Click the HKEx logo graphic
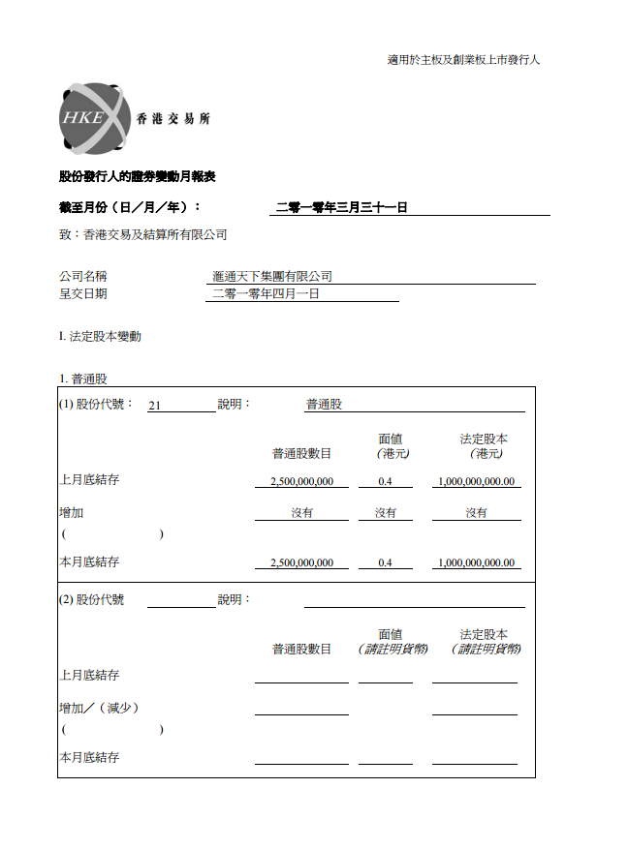[92, 119]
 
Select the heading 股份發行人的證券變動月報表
[137, 177]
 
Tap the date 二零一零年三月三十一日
[341, 207]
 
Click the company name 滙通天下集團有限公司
[272, 277]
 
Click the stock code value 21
[154, 406]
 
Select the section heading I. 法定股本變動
[100, 337]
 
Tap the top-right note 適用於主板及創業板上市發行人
[463, 60]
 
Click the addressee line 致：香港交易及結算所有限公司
[142, 234]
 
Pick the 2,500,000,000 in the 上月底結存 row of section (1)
[301, 481]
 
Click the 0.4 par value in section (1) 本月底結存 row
[385, 562]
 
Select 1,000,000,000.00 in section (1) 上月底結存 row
[476, 481]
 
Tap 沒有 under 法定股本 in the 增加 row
[476, 513]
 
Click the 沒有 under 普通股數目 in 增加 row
[301, 513]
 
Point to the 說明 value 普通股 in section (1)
[324, 405]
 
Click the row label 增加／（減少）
[99, 708]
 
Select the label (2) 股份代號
[91, 599]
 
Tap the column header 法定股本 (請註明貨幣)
[485, 642]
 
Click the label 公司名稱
[82, 277]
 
